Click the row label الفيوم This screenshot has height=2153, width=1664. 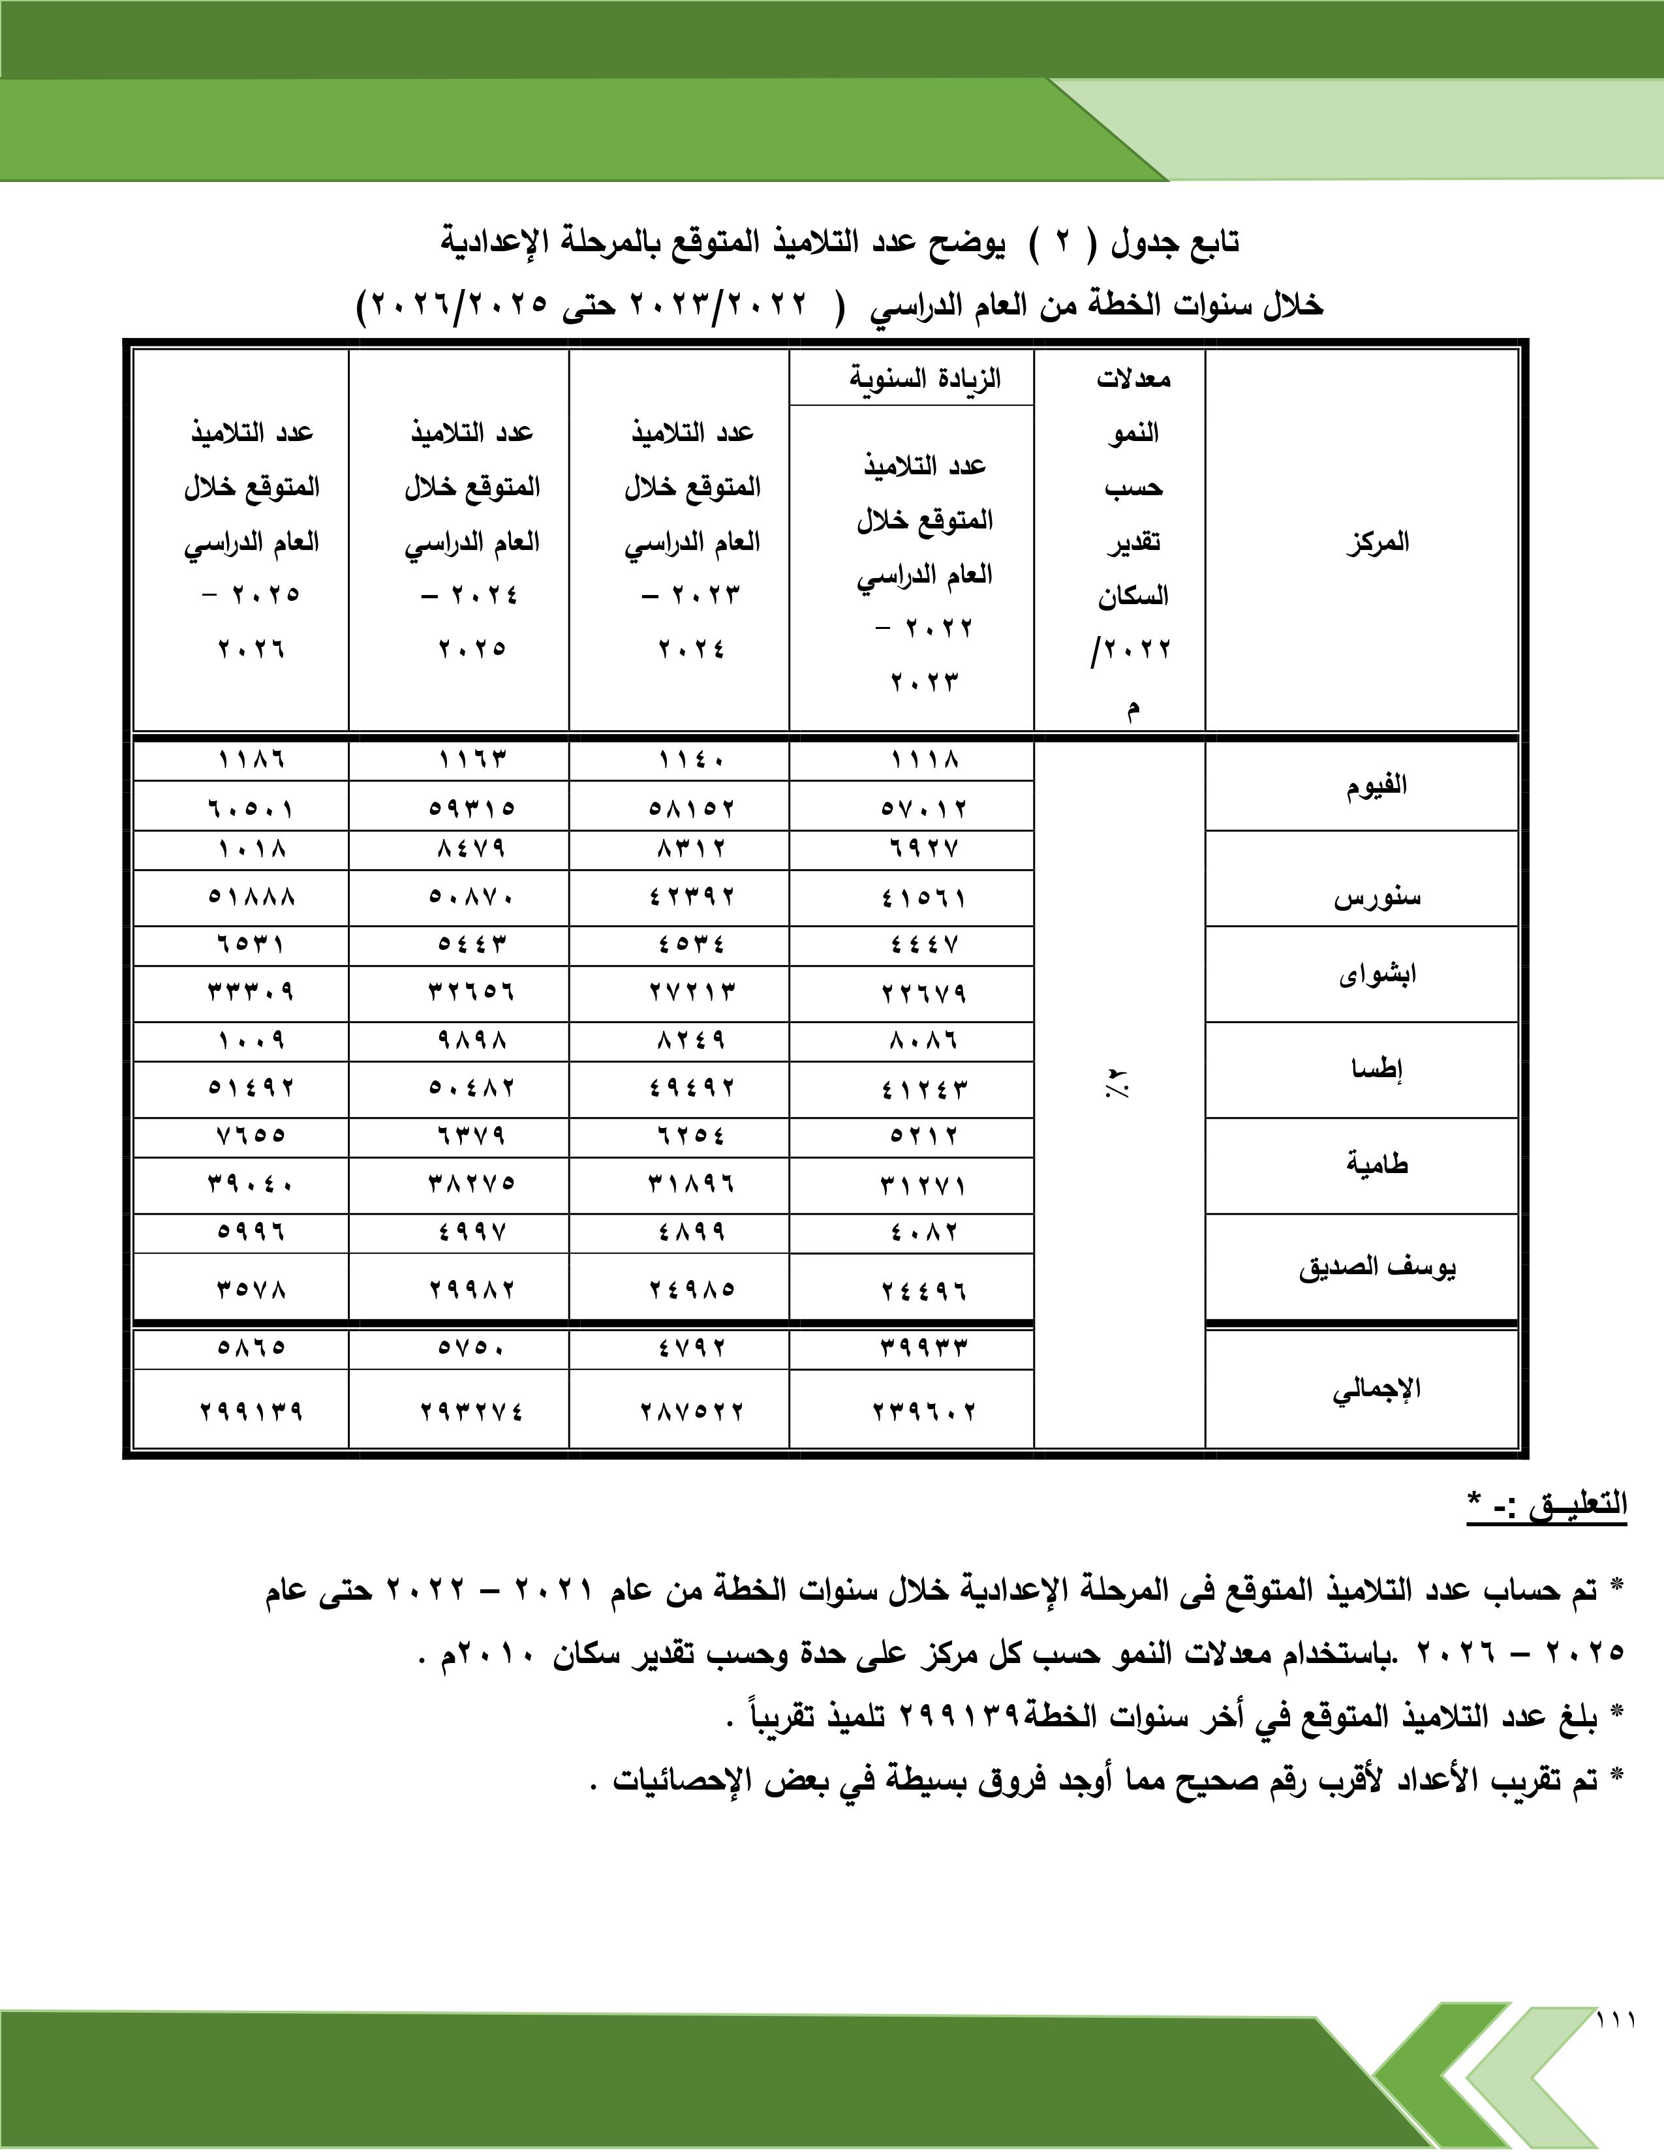point(1376,786)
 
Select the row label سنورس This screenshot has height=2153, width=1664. point(1376,898)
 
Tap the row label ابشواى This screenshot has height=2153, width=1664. point(1376,974)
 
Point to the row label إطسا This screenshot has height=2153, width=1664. point(1376,1069)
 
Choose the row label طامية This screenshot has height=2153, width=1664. point(1376,1164)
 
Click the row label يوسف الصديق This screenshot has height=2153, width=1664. point(1376,1268)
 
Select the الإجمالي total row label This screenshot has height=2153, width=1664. point(1376,1389)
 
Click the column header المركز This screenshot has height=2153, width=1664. point(1376,542)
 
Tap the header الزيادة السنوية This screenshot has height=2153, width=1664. point(925,378)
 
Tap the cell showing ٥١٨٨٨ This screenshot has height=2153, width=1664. point(251,897)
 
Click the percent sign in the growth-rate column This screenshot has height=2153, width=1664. point(1120,1088)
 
